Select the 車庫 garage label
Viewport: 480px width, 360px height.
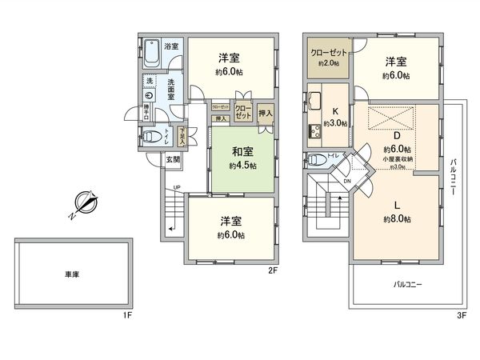tap(71, 274)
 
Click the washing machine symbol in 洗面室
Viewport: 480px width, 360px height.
tap(149, 94)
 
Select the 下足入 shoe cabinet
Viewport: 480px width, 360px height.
tap(182, 136)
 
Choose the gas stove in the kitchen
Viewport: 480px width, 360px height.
tap(311, 129)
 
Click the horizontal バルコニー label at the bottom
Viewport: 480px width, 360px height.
tap(407, 285)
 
